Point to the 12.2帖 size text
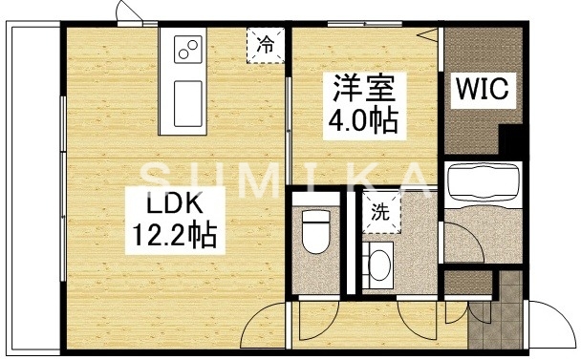click(173, 235)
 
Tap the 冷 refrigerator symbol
click(266, 44)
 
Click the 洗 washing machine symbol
click(380, 212)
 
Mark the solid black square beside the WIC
click(513, 142)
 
